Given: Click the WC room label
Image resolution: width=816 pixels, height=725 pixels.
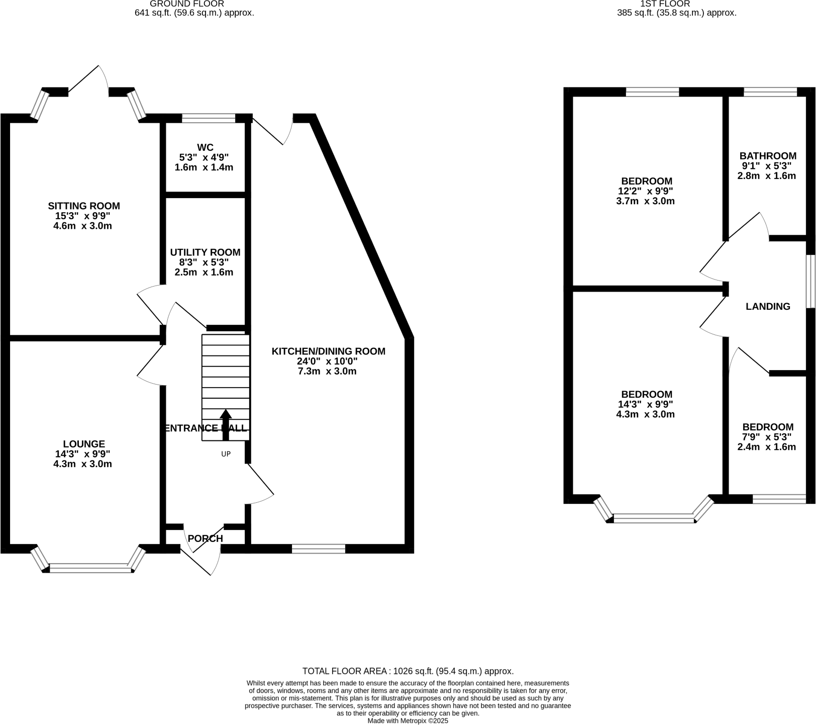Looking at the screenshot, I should point(205,147).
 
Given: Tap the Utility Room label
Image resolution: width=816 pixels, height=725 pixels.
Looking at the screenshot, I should point(205,252).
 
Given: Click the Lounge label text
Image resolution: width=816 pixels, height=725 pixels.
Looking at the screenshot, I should point(84,444).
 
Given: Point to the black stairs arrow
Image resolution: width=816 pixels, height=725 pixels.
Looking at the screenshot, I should point(226,425).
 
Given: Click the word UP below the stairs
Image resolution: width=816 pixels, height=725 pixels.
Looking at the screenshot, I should point(226,454).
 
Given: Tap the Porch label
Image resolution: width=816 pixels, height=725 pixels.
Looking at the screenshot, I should point(205,538).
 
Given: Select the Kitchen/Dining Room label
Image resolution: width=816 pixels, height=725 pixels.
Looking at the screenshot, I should point(328,351).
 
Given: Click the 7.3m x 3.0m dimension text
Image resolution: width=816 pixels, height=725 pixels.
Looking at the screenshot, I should point(327,371).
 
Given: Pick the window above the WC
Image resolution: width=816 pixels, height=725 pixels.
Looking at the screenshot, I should point(208,119).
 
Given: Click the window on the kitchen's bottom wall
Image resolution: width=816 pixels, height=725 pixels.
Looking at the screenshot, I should point(319,549).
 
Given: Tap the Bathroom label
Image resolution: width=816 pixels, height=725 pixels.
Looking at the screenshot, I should point(768,156).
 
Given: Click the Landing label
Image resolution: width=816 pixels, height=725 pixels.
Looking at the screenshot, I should point(768,306).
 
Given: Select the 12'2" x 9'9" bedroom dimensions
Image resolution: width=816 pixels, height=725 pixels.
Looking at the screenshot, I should point(646,191).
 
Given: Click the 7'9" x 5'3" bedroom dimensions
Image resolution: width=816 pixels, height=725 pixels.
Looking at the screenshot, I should point(767,437).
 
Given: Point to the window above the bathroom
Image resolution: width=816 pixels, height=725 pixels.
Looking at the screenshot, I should point(770,92).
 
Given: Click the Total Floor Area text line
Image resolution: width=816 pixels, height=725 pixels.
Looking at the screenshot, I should point(407,671).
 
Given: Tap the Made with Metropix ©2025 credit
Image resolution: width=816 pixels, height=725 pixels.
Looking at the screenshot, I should point(407,720).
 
